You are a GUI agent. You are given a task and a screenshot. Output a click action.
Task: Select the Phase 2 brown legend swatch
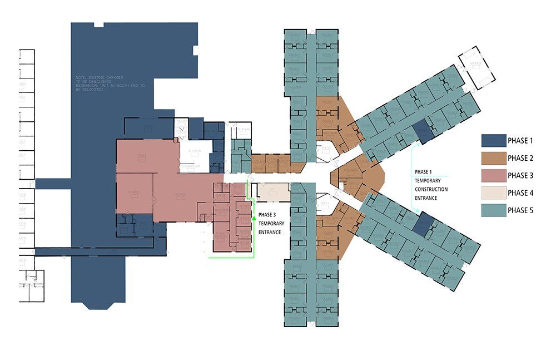[492, 157]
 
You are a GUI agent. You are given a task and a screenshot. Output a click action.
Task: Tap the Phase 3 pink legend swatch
[492, 175]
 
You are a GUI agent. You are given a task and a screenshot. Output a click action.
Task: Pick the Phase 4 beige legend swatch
[492, 193]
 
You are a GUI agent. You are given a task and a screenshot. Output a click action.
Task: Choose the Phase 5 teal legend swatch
[492, 211]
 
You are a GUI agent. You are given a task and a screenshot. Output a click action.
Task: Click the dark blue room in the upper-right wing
[423, 131]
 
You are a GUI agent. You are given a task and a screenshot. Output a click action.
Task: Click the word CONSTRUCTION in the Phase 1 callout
[430, 189]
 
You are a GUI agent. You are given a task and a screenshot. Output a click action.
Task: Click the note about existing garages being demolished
[111, 83]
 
